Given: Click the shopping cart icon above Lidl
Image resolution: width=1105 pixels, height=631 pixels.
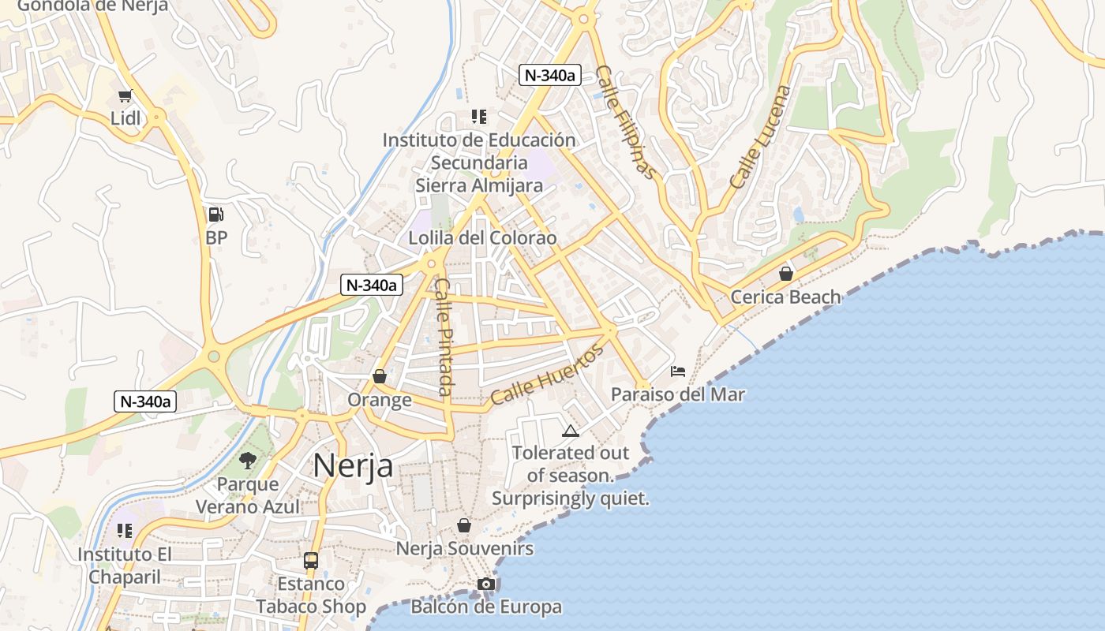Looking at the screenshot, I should tap(125, 96).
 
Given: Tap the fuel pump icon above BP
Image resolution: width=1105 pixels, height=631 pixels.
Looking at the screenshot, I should tap(215, 215).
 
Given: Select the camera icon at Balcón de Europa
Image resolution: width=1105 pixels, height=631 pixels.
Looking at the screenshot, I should tap(486, 584).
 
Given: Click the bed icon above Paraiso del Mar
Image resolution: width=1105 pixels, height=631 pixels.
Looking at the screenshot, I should tap(678, 371).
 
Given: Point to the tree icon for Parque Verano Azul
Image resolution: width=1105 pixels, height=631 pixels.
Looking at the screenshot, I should tap(248, 460).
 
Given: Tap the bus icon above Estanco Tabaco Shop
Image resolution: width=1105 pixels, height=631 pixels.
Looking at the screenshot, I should tap(311, 561).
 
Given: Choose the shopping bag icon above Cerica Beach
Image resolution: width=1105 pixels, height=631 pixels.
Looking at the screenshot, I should tap(785, 274).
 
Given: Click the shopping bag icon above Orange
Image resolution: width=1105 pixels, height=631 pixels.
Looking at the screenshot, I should tap(380, 376).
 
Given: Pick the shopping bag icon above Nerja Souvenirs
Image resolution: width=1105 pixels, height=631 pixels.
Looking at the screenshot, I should tap(464, 525).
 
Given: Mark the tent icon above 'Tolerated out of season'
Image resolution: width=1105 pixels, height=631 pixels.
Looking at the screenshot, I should tap(570, 431).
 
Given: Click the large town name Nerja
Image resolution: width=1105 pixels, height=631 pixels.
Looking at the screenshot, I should tap(353, 465).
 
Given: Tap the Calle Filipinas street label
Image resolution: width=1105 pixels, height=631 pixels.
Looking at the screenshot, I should tap(625, 121).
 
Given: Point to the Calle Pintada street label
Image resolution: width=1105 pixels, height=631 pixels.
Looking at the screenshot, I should tap(444, 337).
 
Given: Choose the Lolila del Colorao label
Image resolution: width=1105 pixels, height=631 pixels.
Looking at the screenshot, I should tap(482, 238).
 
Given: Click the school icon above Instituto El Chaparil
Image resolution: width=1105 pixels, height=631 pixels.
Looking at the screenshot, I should tap(125, 531).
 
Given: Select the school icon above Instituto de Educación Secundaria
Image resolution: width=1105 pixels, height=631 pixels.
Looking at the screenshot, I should tap(478, 117).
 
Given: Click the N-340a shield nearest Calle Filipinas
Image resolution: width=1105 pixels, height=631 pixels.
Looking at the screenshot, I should tap(550, 76).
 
